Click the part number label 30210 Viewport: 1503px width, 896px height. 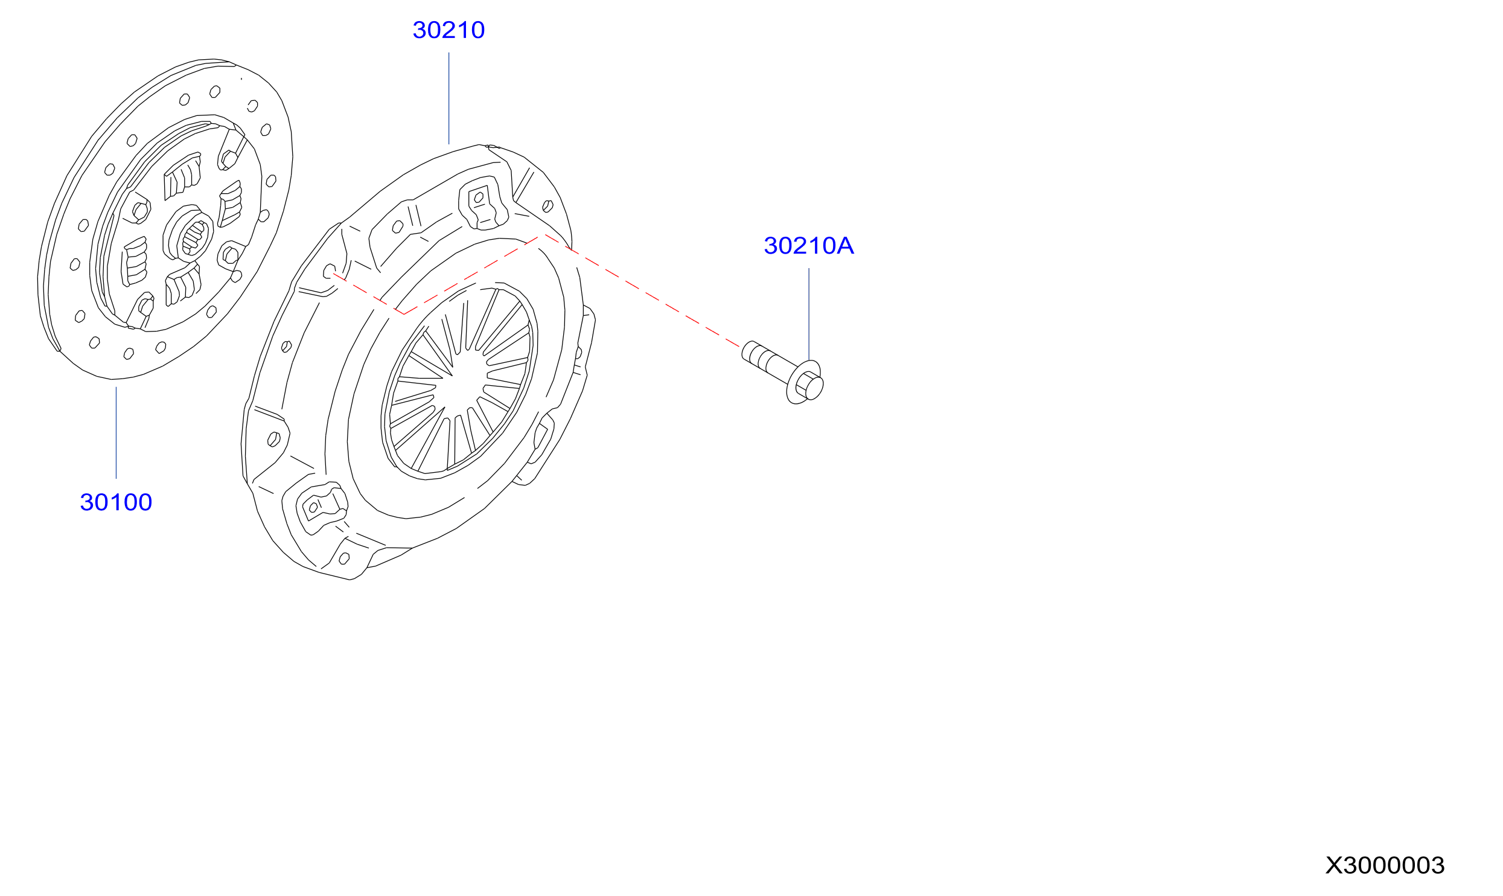click(x=448, y=30)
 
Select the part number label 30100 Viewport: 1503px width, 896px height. click(x=116, y=502)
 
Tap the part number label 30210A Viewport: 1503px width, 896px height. click(x=809, y=246)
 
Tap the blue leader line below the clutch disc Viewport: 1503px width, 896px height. click(x=116, y=433)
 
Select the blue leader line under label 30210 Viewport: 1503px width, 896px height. click(x=448, y=98)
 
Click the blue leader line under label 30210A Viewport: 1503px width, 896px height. click(x=809, y=314)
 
